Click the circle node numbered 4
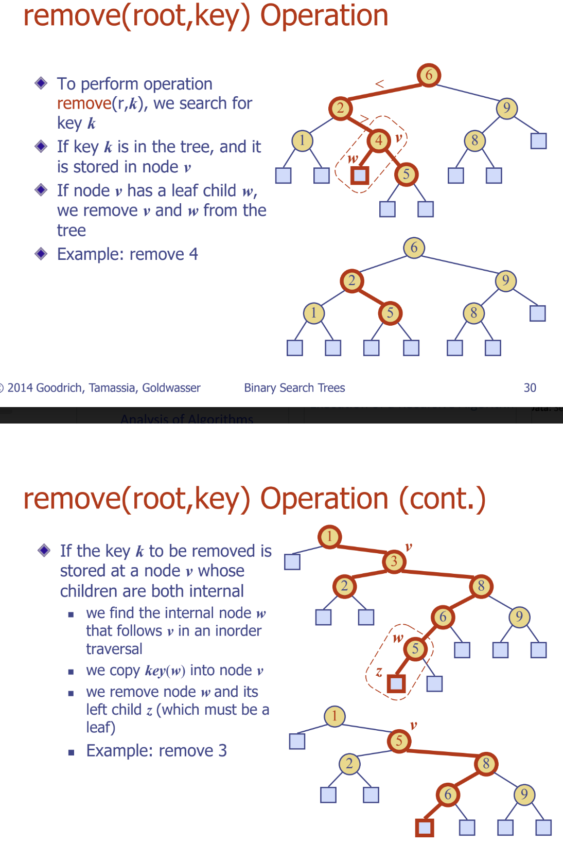click(x=379, y=140)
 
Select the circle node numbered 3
click(x=394, y=561)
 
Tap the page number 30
click(x=530, y=388)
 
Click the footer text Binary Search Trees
click(x=294, y=388)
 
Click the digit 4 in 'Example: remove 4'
click(x=193, y=254)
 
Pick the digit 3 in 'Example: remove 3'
click(x=222, y=751)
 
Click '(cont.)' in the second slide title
click(x=442, y=499)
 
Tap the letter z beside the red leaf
click(x=379, y=672)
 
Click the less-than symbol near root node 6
click(x=380, y=83)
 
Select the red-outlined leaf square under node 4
click(x=360, y=175)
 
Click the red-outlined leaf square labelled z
click(x=396, y=683)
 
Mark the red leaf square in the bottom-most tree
click(x=425, y=828)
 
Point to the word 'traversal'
click(x=114, y=649)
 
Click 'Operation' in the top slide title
click(x=324, y=15)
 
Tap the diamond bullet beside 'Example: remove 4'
click(x=41, y=254)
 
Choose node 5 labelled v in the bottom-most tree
click(x=399, y=741)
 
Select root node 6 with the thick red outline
click(x=429, y=75)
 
